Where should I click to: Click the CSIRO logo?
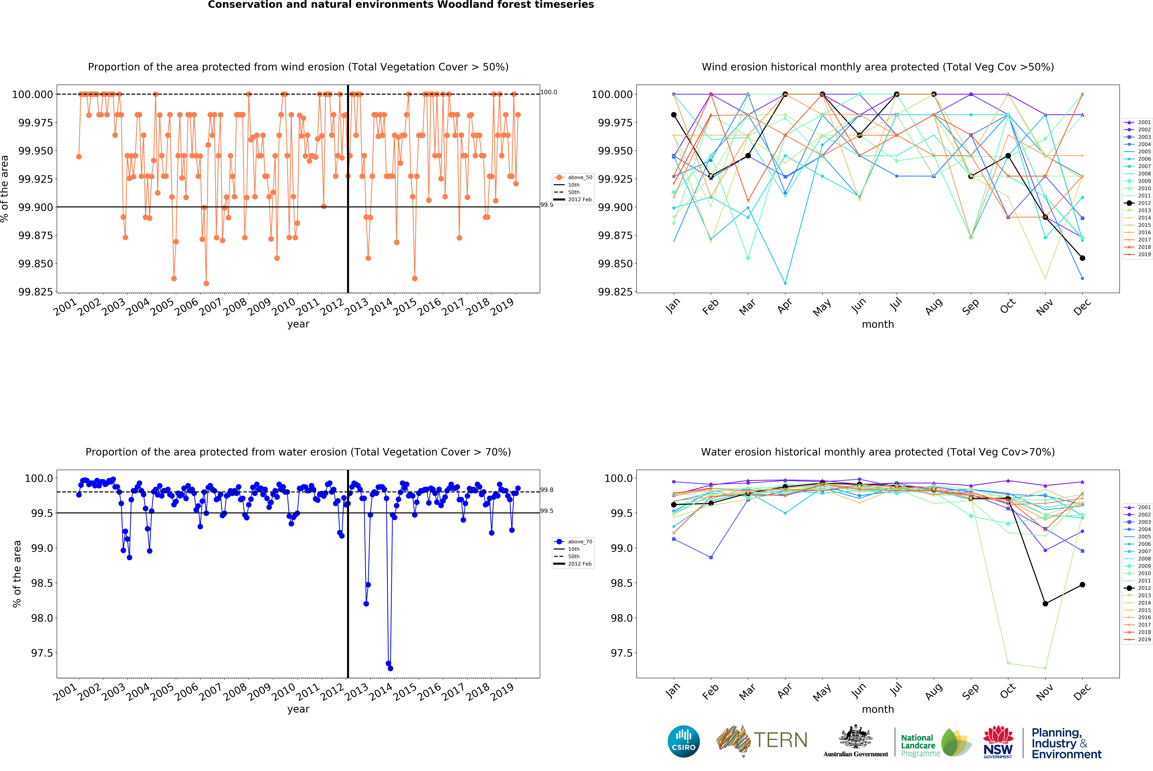pos(683,741)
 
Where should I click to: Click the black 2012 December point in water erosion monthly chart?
pos(1082,585)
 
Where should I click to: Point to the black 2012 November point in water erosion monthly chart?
pos(1045,604)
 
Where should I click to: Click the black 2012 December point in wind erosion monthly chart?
pos(1082,258)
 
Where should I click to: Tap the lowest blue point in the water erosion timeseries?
pos(391,668)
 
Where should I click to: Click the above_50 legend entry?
pos(574,177)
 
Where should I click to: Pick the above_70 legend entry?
pos(574,541)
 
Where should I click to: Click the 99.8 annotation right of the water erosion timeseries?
pos(547,490)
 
